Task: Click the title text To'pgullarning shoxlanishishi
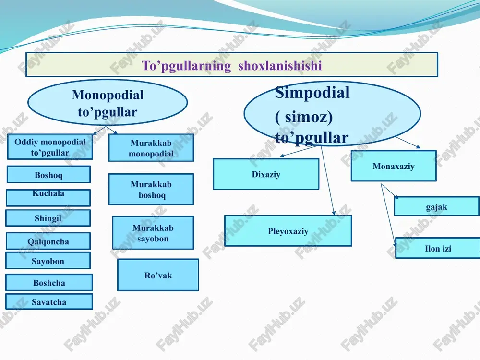[231, 66]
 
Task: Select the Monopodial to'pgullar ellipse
[108, 103]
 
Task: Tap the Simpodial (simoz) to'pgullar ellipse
[332, 113]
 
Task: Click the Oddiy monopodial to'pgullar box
[50, 146]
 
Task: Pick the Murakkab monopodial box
[151, 147]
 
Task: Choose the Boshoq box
[48, 175]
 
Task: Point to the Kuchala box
[48, 197]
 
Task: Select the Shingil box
[48, 218]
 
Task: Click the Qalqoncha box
[48, 241]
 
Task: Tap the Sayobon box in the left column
[48, 261]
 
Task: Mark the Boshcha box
[49, 282]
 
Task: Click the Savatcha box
[49, 301]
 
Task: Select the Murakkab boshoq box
[151, 189]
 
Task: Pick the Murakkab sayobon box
[153, 233]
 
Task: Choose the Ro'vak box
[158, 275]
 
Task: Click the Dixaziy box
[266, 174]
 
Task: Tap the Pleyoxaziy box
[288, 231]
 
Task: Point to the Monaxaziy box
[394, 166]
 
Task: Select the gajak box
[437, 206]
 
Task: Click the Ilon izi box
[438, 248]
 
